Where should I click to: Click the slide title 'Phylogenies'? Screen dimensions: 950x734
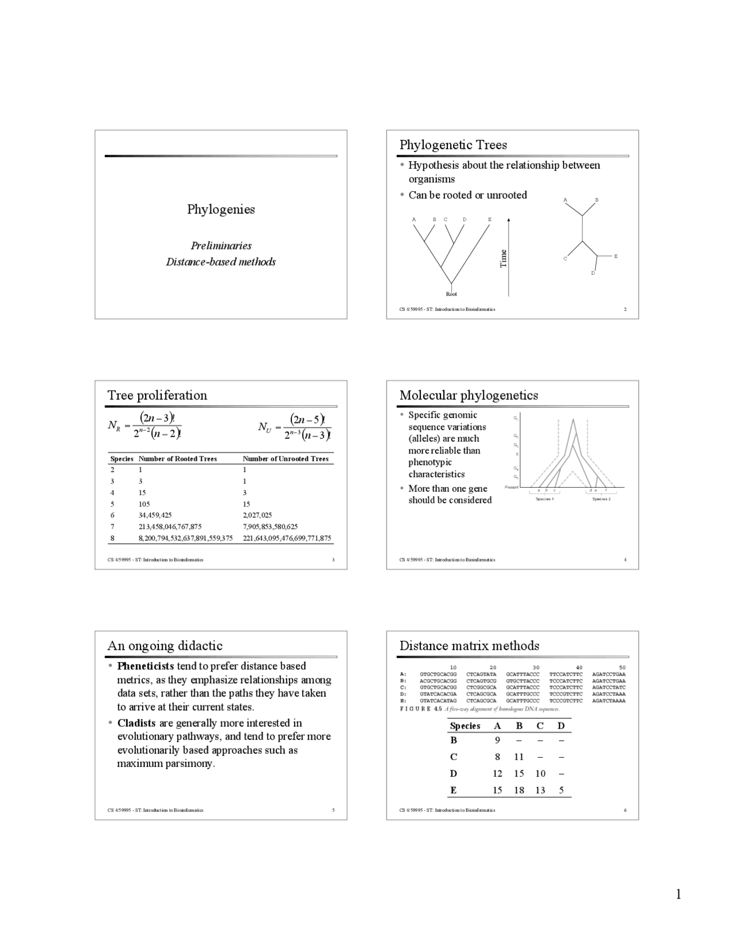click(221, 209)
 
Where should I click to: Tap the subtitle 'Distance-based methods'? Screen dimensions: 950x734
click(221, 262)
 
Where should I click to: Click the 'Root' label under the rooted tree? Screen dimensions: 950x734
click(451, 294)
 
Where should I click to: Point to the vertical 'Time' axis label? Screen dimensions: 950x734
click(503, 258)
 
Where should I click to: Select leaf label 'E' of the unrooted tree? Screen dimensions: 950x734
click(616, 256)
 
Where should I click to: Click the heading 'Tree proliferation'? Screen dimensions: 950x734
click(157, 395)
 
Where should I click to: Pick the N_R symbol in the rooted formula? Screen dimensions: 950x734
click(114, 426)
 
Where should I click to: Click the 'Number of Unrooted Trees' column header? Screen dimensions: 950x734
click(286, 459)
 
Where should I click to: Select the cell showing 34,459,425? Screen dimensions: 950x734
click(155, 515)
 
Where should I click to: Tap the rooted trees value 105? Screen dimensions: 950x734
click(144, 504)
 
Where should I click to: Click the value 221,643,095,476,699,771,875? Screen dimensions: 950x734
click(287, 538)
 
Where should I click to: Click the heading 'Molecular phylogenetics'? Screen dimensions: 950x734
click(468, 395)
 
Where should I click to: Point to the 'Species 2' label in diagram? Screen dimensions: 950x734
click(601, 499)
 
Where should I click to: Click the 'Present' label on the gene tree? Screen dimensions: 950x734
click(511, 488)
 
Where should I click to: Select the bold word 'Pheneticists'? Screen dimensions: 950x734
click(146, 666)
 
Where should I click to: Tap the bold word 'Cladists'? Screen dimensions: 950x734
click(136, 723)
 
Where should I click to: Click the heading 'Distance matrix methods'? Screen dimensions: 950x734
click(469, 646)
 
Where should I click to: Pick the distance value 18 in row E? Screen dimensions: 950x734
click(519, 791)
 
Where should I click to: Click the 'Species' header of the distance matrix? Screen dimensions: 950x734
click(464, 726)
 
